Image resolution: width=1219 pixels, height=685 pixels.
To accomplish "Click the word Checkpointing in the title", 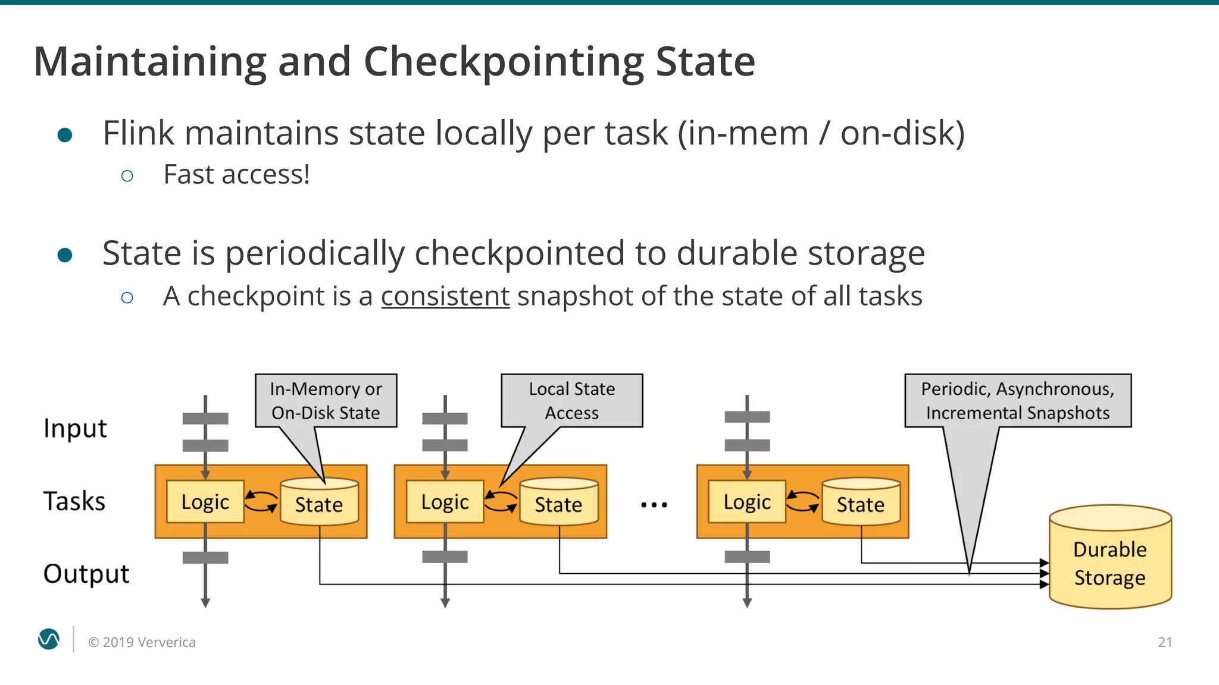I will click(503, 62).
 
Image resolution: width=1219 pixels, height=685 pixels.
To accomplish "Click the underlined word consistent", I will click(445, 296).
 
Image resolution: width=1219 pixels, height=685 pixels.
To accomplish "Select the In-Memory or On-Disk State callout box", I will click(326, 400).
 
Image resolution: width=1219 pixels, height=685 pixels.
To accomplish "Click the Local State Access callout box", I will click(571, 400).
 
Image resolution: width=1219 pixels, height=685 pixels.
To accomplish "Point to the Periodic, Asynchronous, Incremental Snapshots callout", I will click(1017, 400).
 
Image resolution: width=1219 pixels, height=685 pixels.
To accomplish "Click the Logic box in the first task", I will click(205, 502).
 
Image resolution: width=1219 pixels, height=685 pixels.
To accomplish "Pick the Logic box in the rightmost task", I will click(747, 502).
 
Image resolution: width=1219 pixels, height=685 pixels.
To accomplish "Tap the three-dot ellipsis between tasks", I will click(654, 505).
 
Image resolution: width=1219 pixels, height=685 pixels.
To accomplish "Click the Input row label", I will click(75, 429).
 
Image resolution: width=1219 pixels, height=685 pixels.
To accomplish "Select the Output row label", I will click(86, 574).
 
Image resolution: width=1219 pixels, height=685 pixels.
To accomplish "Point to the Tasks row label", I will click(74, 501).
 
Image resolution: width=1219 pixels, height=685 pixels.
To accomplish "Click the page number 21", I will click(1165, 642).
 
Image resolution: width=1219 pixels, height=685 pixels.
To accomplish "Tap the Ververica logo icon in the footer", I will click(49, 639).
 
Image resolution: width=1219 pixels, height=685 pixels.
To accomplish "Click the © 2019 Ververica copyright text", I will click(142, 642).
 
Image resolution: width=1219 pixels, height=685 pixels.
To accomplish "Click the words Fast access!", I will click(236, 175).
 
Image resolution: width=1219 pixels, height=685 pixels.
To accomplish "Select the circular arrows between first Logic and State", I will click(261, 501).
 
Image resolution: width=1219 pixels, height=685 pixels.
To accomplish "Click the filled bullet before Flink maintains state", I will click(65, 134).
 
